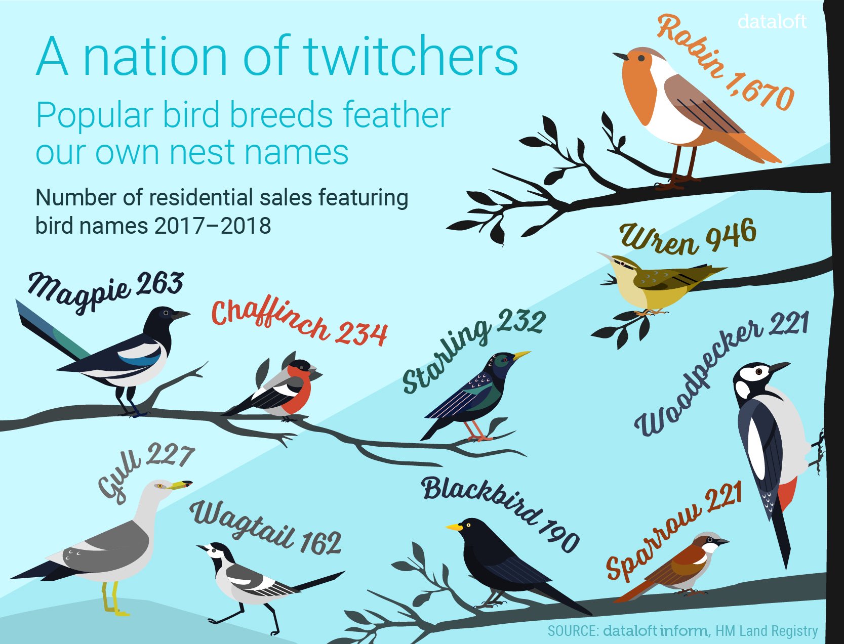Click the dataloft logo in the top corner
pos(772,22)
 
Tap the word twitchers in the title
pos(411,57)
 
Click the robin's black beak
pos(620,57)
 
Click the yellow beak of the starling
pos(521,355)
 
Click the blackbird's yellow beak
pos(454,527)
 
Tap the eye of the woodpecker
pos(759,372)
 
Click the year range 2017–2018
pos(213,226)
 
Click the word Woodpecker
pos(698,380)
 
